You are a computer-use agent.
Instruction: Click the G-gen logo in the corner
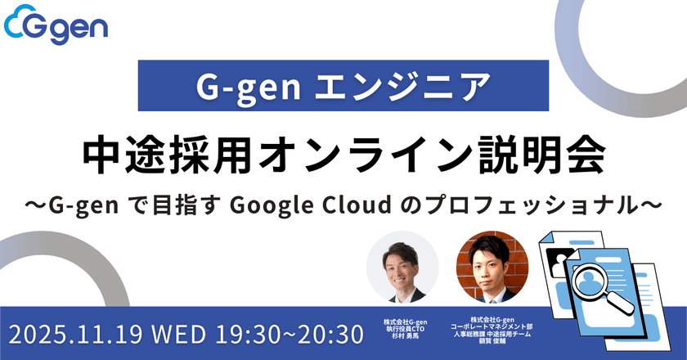(56, 28)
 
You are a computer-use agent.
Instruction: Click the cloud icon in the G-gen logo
(18, 28)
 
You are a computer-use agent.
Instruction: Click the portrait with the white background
(402, 267)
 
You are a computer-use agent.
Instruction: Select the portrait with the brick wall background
(492, 267)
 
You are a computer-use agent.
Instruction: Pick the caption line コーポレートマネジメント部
(492, 326)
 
